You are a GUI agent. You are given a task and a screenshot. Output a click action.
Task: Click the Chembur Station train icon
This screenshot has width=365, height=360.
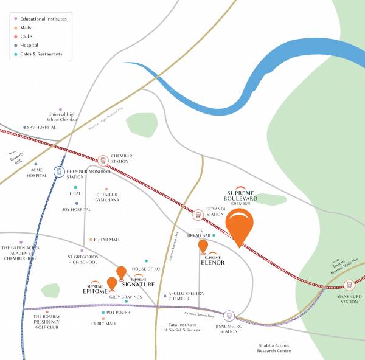(x=103, y=160)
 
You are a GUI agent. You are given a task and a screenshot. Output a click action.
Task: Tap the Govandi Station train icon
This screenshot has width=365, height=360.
(x=198, y=214)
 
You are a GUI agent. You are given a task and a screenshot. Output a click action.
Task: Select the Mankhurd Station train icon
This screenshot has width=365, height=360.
(x=349, y=285)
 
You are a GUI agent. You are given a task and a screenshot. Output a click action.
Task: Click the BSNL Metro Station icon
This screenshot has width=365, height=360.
(x=229, y=316)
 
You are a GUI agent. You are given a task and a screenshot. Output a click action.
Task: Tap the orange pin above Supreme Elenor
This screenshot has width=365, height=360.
(x=203, y=246)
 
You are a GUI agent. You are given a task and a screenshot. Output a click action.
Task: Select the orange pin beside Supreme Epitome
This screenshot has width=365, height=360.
(x=112, y=283)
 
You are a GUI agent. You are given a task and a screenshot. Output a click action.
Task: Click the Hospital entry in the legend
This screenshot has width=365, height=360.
(x=29, y=45)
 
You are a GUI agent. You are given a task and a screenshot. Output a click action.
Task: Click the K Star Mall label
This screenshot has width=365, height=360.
(x=107, y=240)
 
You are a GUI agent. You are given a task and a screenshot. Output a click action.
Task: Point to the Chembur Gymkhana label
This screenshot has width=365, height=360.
(x=107, y=197)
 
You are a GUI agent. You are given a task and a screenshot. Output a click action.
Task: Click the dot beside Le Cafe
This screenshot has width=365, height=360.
(x=75, y=187)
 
